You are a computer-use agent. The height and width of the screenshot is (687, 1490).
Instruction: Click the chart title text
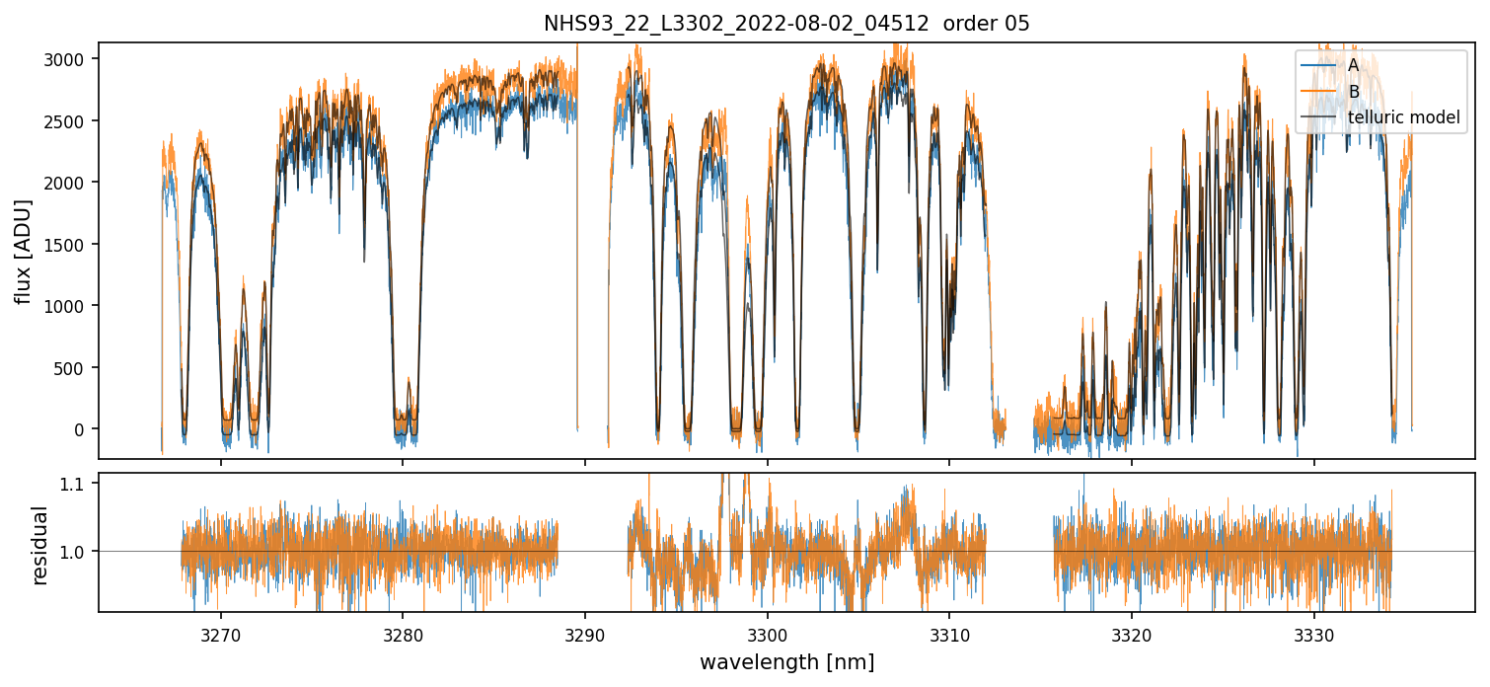click(786, 24)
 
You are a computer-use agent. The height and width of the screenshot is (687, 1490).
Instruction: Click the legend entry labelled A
click(1353, 65)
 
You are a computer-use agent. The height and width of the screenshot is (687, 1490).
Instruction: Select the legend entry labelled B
click(1353, 92)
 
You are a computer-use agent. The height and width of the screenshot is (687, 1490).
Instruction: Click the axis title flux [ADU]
click(21, 251)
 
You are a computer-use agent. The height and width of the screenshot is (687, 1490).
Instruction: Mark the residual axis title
click(40, 545)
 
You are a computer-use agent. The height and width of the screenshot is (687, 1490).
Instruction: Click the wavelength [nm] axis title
click(786, 661)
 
